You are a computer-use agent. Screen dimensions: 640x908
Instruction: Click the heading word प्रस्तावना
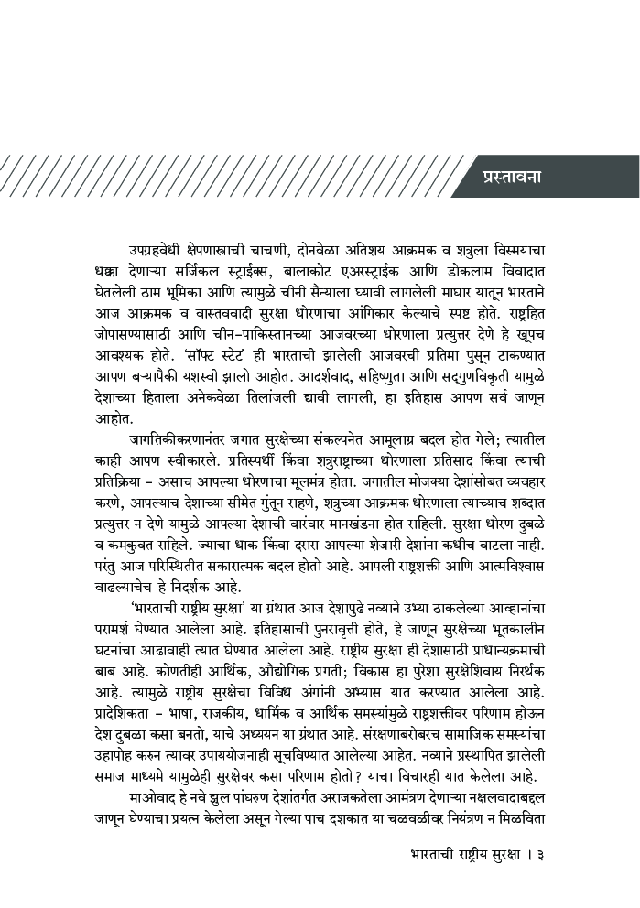(511, 176)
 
